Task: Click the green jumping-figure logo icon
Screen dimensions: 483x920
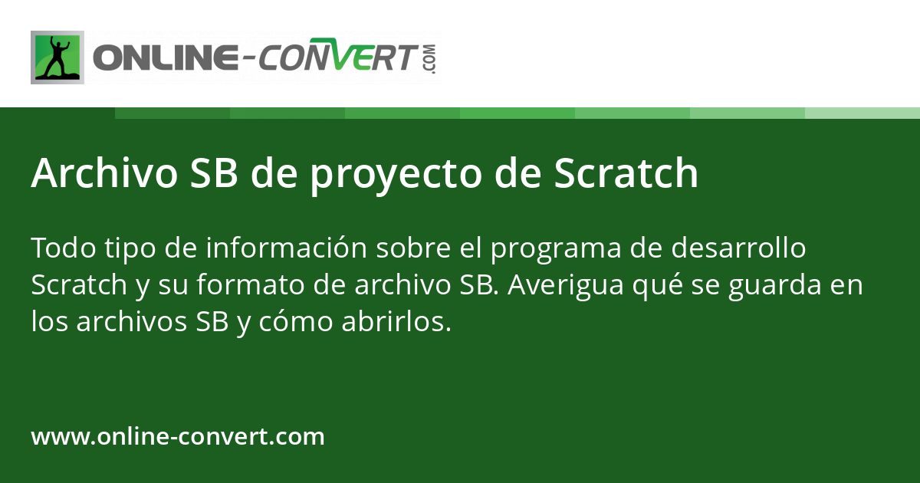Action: pos(58,58)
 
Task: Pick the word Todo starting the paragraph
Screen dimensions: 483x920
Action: pos(58,249)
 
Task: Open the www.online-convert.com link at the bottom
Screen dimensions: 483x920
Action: pos(178,437)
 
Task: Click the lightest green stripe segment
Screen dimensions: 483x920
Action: pos(862,113)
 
